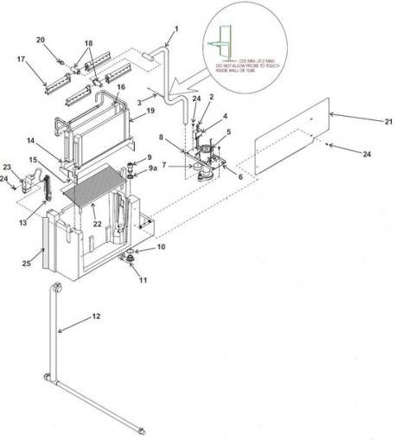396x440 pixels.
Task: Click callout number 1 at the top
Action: coord(176,29)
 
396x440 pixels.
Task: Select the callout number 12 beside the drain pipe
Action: coord(96,316)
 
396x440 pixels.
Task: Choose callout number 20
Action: coord(41,40)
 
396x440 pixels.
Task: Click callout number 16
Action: coord(121,87)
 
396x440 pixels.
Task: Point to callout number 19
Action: coord(150,112)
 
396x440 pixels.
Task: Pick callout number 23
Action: coord(7,166)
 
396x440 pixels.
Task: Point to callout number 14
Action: coord(29,139)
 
